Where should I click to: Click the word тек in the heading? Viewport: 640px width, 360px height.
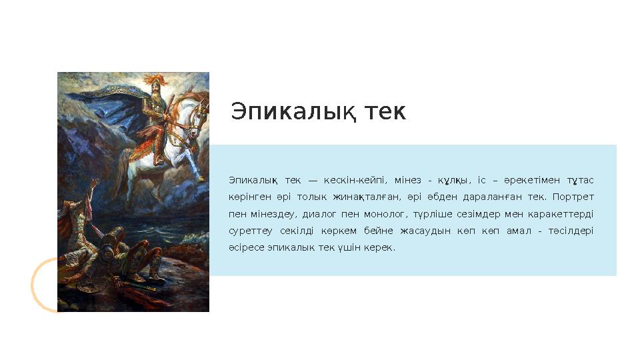point(385,113)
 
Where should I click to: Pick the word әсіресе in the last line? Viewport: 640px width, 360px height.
point(244,247)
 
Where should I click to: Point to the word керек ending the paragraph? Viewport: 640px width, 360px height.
point(382,247)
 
